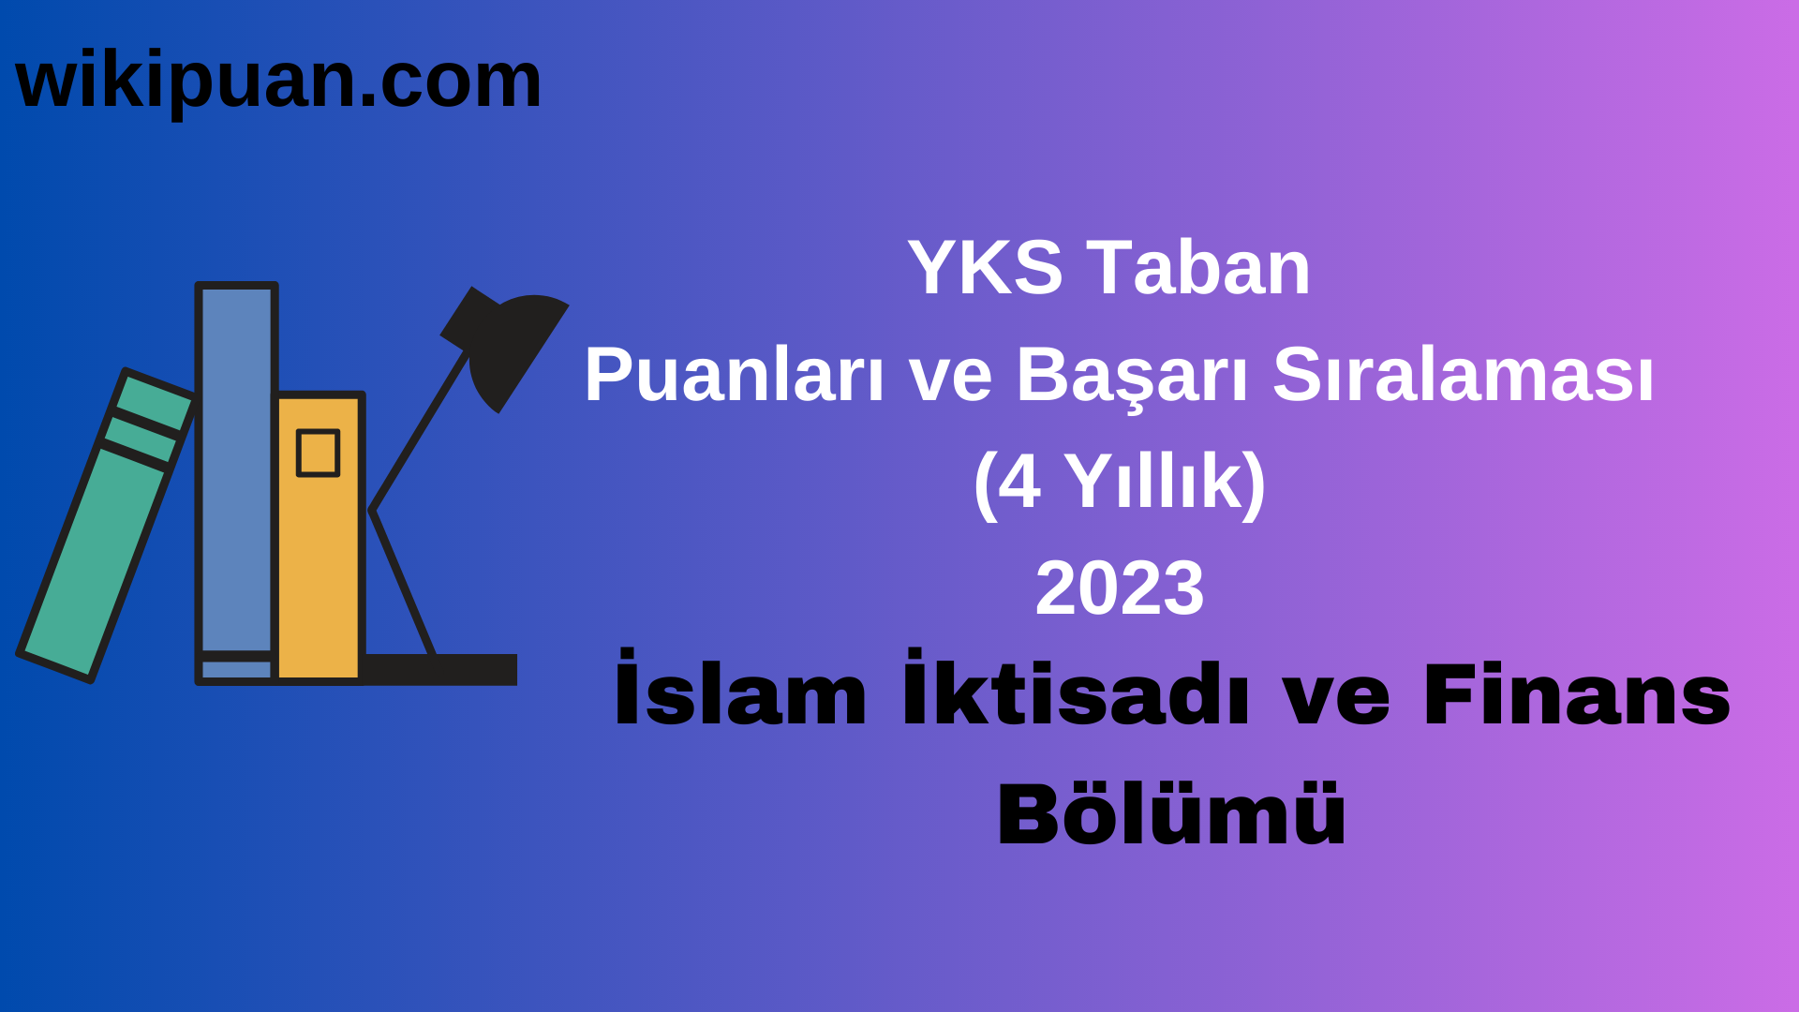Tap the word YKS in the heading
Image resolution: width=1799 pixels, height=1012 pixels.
985,268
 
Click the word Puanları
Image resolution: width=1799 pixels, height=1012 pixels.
734,375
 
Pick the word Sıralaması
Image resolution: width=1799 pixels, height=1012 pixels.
1463,375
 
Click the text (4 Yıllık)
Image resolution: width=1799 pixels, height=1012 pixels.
1120,482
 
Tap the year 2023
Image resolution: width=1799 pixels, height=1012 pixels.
1120,588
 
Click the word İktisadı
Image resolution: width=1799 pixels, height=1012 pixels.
1076,693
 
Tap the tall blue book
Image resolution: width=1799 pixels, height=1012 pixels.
236,469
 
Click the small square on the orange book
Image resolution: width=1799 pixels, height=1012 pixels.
318,454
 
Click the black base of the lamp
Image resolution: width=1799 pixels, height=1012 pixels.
440,669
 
